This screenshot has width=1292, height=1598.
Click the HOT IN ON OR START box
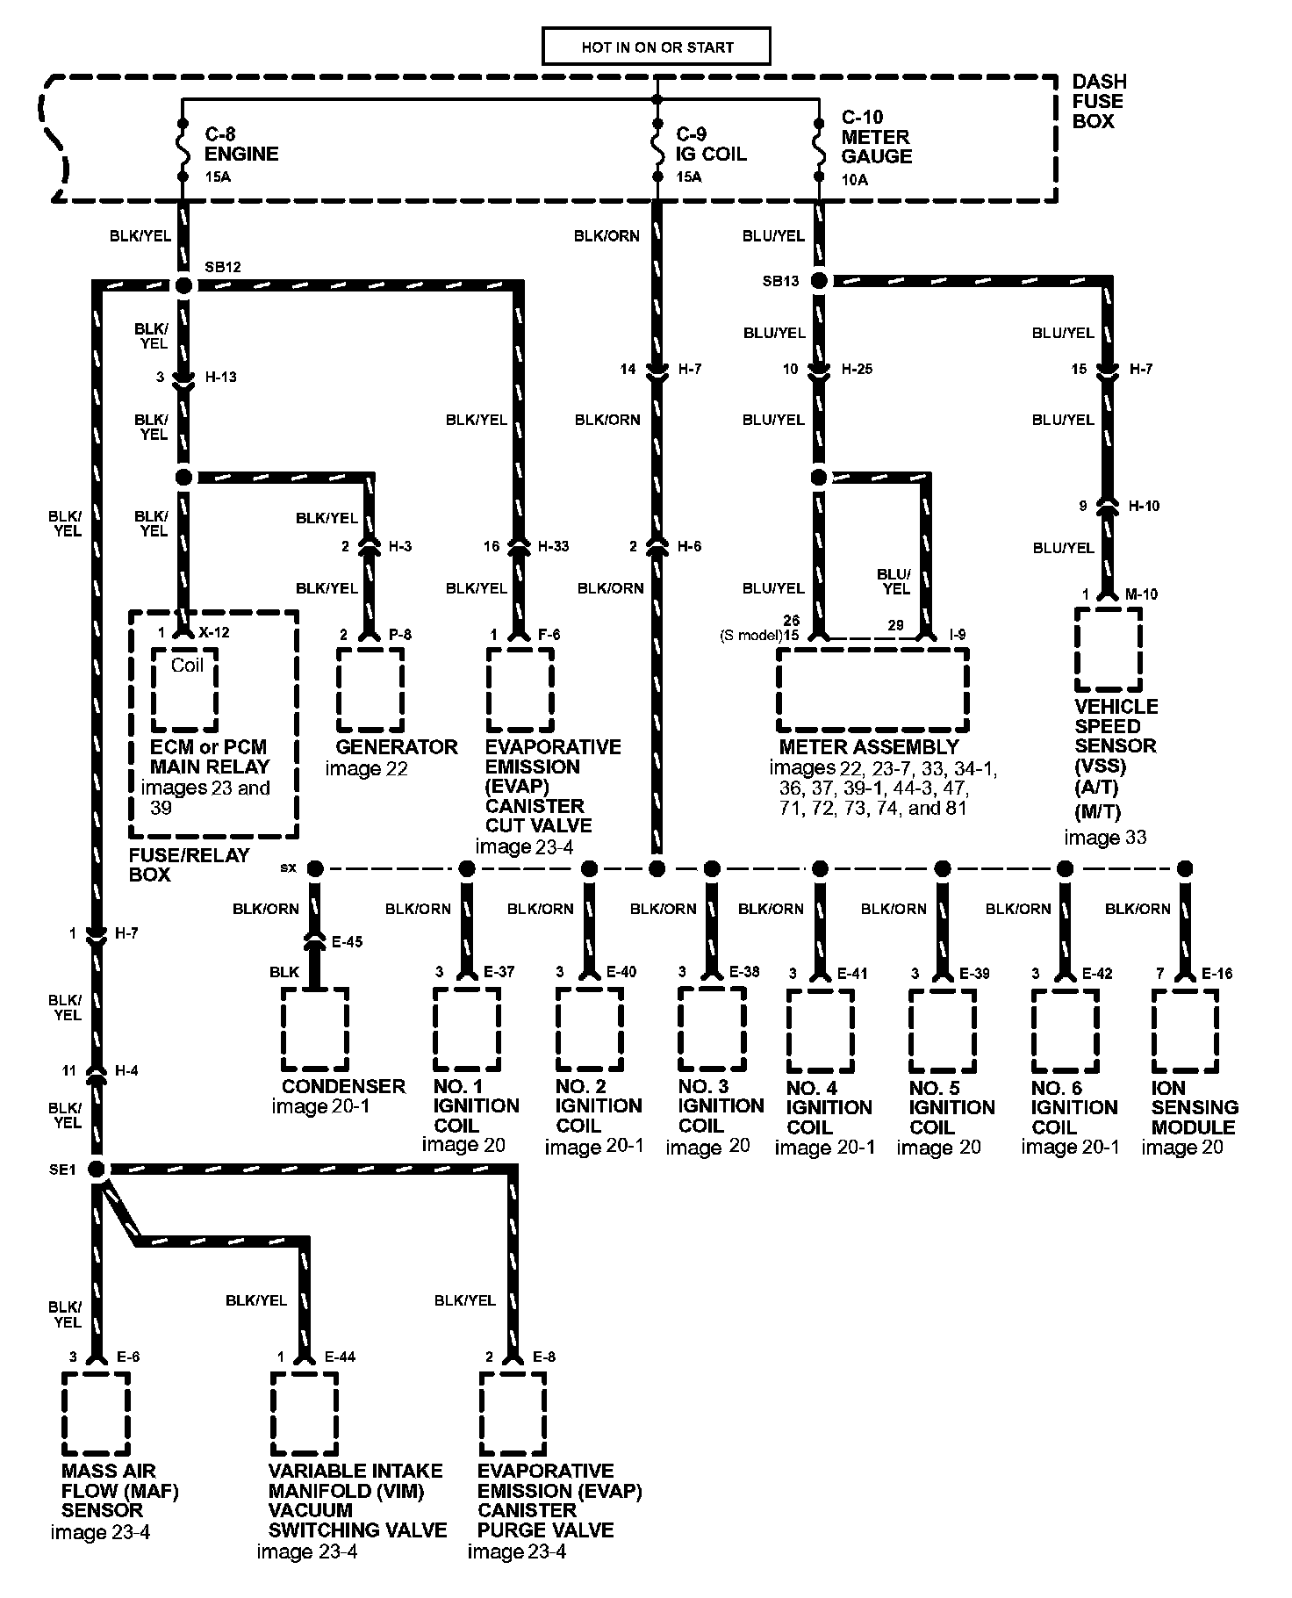pyautogui.click(x=657, y=47)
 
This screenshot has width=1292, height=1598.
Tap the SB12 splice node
pyautogui.click(x=183, y=284)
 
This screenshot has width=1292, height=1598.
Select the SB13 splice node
pyautogui.click(x=818, y=281)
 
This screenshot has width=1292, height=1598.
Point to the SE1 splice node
pyautogui.click(x=97, y=1170)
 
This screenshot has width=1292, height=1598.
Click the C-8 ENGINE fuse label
pyautogui.click(x=241, y=144)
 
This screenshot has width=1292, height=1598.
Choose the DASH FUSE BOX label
pyautogui.click(x=1099, y=101)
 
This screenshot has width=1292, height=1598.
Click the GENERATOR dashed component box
pyautogui.click(x=370, y=690)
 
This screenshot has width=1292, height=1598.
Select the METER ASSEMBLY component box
pyautogui.click(x=872, y=690)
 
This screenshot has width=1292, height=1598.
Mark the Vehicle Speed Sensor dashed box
pyautogui.click(x=1108, y=650)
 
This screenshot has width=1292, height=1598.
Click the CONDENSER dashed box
pyautogui.click(x=314, y=1029)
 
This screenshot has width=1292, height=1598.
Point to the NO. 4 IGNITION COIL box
pyautogui.click(x=820, y=1031)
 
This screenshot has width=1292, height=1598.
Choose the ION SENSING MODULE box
pyautogui.click(x=1185, y=1031)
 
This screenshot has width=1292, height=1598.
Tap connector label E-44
pyautogui.click(x=340, y=1357)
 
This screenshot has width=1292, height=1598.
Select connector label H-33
pyautogui.click(x=553, y=546)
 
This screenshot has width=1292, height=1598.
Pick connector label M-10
pyautogui.click(x=1141, y=594)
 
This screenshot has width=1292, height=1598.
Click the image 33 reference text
pyautogui.click(x=1105, y=838)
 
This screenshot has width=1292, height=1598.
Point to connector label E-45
pyautogui.click(x=348, y=942)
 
